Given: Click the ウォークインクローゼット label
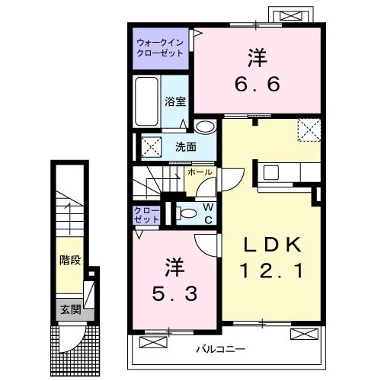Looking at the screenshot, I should click(x=159, y=48).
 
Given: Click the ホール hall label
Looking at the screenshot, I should click(x=200, y=174).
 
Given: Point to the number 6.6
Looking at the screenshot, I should click(x=256, y=82).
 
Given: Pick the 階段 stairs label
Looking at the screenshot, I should click(x=69, y=260).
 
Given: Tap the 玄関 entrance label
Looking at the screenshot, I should click(x=69, y=309).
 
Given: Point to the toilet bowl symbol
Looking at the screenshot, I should click(x=178, y=213).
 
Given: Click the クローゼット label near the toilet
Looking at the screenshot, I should click(x=147, y=214).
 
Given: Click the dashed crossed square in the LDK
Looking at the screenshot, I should click(x=308, y=130).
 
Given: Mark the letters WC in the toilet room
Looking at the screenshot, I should click(x=207, y=214).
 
